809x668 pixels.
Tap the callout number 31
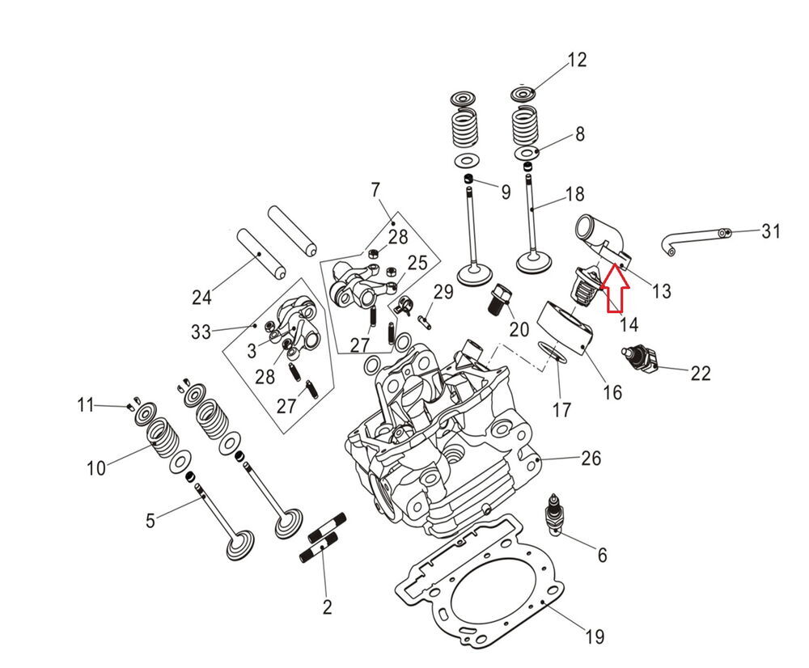coord(771,232)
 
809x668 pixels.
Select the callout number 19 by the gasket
coord(594,637)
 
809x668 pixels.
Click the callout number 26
coord(591,459)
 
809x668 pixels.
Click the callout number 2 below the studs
coord(327,606)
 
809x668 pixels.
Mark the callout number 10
coord(96,467)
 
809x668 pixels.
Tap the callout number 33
coord(201,332)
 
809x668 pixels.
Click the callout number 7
coord(375,191)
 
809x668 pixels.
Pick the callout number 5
coord(150,520)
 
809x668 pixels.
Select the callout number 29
coord(443,291)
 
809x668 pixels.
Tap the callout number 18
coord(574,194)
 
